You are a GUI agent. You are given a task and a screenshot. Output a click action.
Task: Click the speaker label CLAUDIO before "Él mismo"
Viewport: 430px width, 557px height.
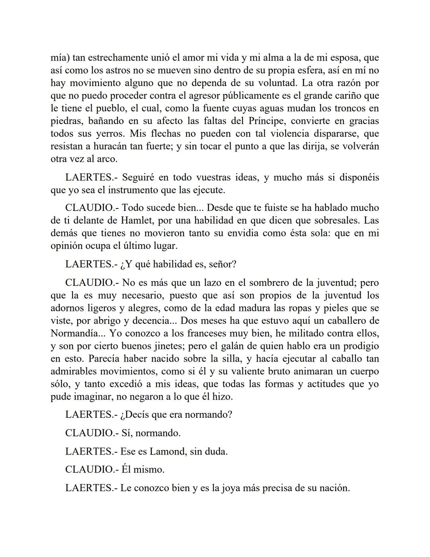pos(89,470)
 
